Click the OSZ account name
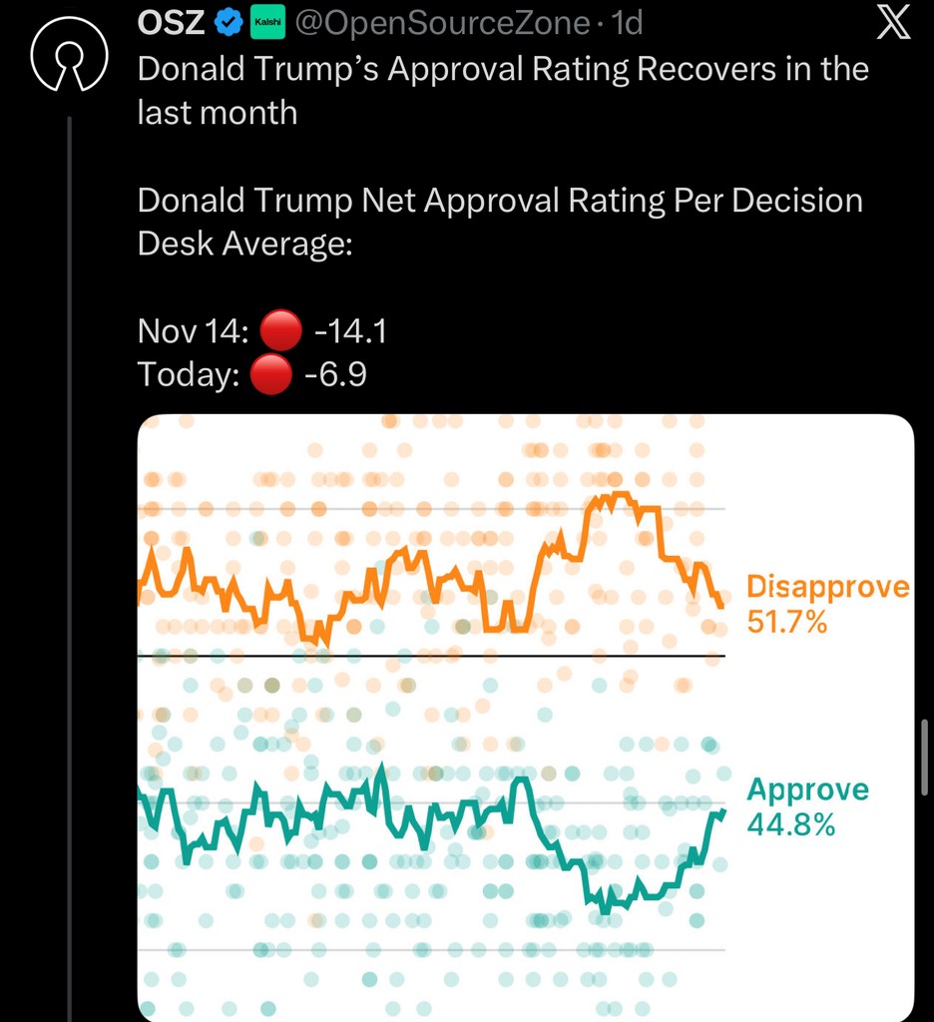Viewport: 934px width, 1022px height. click(171, 22)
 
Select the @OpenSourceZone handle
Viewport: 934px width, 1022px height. click(438, 22)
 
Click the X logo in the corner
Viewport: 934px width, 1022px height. click(893, 24)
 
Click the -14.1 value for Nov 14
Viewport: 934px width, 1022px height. click(349, 330)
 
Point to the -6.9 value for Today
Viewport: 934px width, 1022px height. click(338, 375)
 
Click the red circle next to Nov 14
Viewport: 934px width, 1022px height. click(275, 330)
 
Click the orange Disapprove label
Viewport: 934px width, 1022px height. click(827, 586)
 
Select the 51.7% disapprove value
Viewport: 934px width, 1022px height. click(786, 623)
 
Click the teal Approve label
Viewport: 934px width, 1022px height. click(807, 790)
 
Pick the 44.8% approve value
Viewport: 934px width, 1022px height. click(790, 825)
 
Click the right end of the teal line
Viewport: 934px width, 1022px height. click(722, 811)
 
